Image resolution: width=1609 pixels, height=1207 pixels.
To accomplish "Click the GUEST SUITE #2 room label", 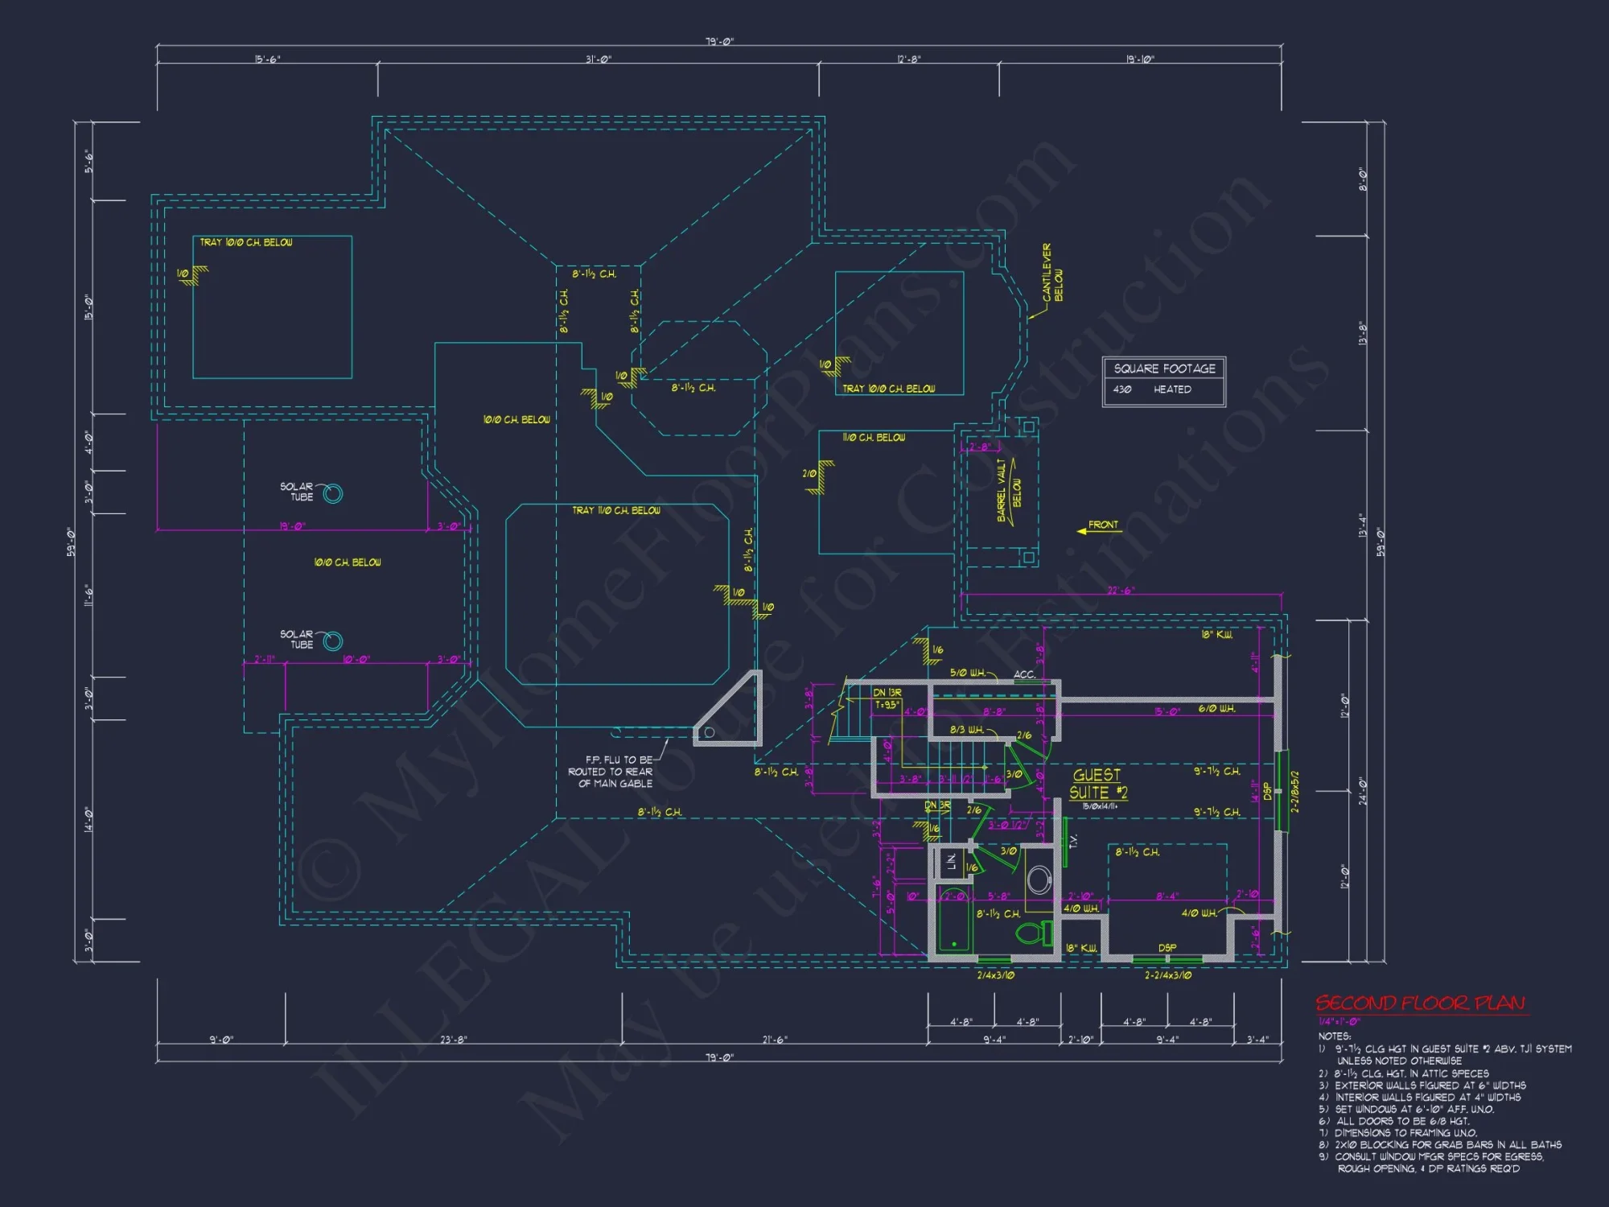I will [x=1097, y=784].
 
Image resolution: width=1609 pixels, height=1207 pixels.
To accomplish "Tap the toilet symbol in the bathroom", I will [x=1033, y=933].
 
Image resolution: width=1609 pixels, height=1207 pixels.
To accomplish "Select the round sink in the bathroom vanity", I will [x=1039, y=880].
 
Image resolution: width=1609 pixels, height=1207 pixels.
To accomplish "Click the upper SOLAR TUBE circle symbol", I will [x=332, y=493].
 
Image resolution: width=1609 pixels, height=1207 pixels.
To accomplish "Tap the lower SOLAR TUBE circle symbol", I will [x=332, y=641].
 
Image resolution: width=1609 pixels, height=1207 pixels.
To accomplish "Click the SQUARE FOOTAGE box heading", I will [x=1164, y=369].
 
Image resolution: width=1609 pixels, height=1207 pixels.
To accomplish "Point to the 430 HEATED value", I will [x=1152, y=389].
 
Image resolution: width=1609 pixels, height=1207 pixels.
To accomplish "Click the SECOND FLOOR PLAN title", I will [x=1420, y=1003].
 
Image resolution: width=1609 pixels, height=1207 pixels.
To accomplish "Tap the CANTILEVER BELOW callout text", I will [x=1052, y=274].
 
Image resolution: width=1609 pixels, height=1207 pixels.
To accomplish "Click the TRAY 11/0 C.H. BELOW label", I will [x=615, y=510].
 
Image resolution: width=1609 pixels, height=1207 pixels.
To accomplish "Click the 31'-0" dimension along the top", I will [x=598, y=60].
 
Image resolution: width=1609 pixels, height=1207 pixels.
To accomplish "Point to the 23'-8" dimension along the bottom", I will [x=454, y=1040].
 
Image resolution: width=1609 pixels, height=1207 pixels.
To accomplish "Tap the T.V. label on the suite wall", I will [x=1072, y=841].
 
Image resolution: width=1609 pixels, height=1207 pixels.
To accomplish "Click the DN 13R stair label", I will [x=887, y=692].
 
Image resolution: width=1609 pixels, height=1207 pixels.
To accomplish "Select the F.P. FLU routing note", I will [x=613, y=771].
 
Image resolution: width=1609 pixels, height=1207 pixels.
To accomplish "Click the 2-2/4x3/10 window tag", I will [x=1167, y=975].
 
